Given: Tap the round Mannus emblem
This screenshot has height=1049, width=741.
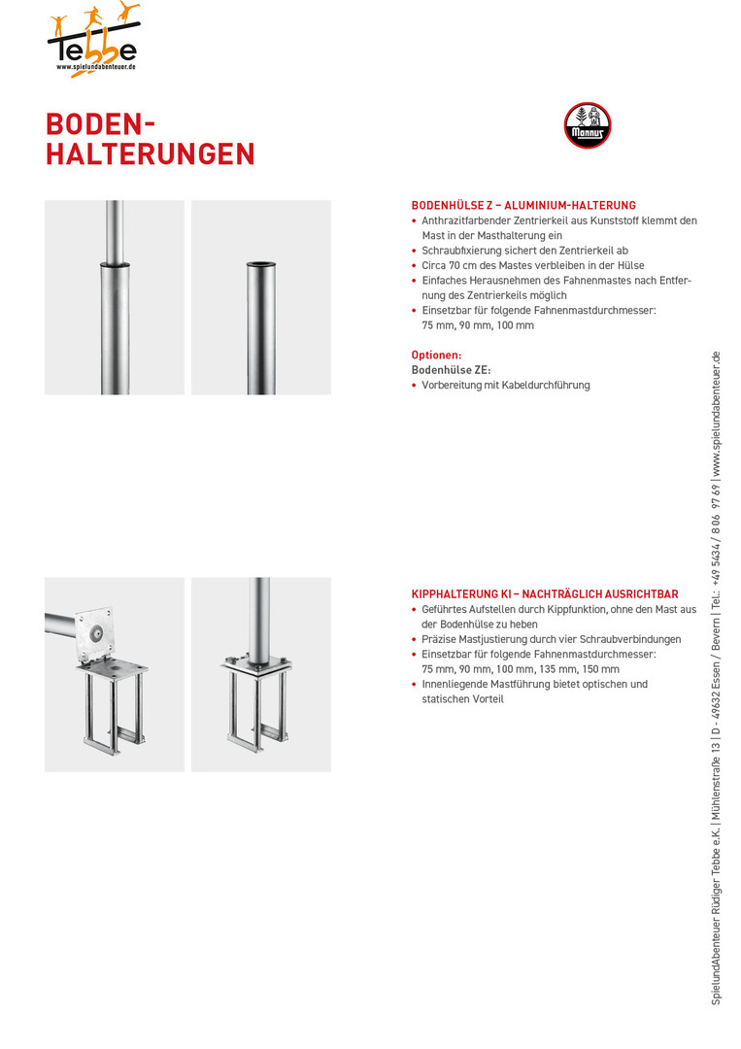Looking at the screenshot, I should [588, 126].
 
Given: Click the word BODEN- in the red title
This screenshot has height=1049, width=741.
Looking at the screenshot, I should [100, 124].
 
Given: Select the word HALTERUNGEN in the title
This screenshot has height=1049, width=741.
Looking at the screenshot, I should [151, 154].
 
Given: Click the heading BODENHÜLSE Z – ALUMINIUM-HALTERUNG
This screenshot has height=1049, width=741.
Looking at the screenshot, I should [523, 206].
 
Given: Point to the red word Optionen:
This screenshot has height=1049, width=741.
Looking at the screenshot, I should [436, 355].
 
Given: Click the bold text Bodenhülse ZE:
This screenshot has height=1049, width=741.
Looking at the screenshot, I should [451, 370].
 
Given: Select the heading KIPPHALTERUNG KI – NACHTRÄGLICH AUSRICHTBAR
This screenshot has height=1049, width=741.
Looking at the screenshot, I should [545, 594].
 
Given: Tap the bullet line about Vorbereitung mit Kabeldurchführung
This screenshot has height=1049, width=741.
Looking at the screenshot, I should [505, 386].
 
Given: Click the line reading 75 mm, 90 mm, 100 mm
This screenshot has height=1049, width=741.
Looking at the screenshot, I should [478, 325].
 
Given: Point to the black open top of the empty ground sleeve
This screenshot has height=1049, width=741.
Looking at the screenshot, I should [261, 263].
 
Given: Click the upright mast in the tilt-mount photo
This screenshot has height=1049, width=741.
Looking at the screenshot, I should [261, 617].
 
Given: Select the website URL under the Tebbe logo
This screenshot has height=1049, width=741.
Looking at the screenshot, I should [94, 67].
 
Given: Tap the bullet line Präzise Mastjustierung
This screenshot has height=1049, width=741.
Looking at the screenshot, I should [551, 639].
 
